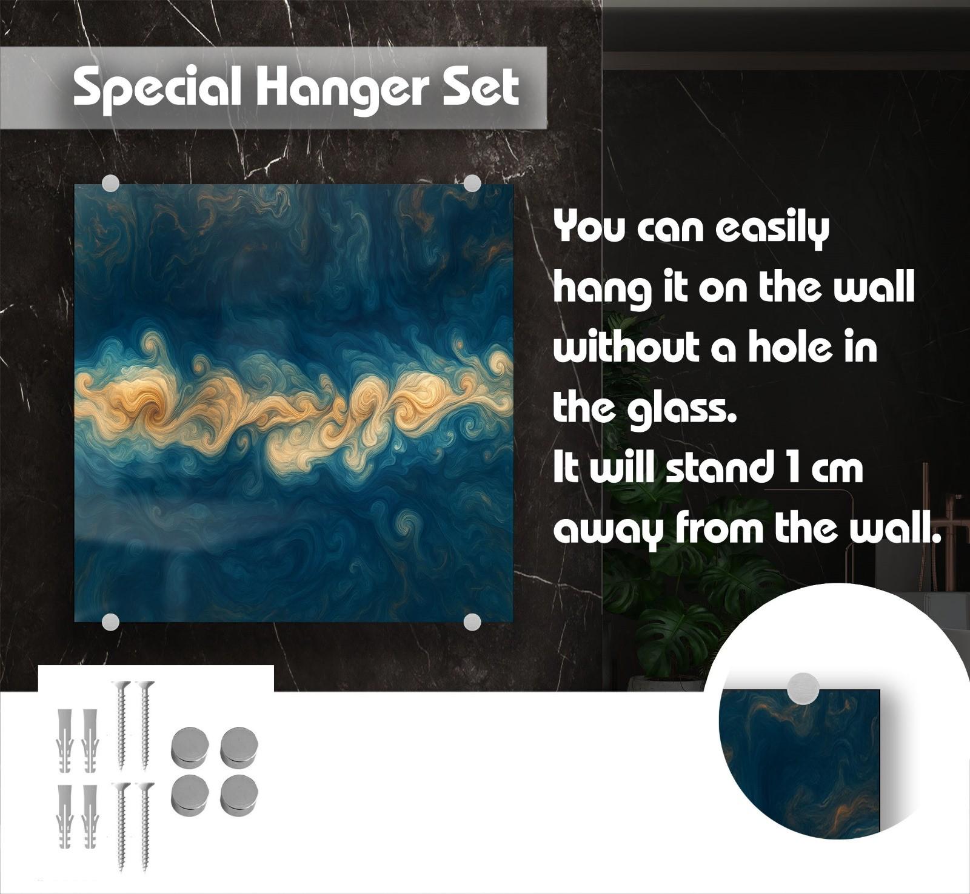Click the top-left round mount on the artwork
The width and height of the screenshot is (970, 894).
point(110,183)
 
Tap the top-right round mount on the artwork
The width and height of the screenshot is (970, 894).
point(472,183)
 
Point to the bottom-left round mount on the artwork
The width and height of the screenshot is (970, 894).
point(110,621)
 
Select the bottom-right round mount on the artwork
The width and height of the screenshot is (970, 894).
point(472,621)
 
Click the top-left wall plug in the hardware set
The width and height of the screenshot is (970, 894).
point(65,740)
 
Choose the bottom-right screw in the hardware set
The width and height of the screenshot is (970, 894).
point(145,827)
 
